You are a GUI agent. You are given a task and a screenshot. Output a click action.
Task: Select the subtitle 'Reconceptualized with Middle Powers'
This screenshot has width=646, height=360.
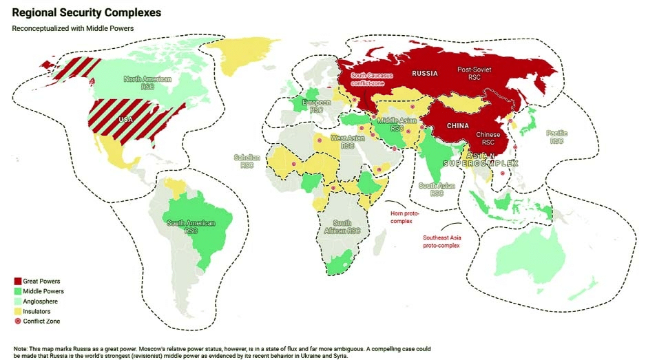pos(72,29)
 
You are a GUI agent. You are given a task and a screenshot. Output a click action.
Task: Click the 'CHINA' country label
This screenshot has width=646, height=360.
pos(457,126)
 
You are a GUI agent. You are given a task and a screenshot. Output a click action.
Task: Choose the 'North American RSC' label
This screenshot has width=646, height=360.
pos(147,83)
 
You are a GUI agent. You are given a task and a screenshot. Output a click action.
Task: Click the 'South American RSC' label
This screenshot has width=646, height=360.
pos(191,227)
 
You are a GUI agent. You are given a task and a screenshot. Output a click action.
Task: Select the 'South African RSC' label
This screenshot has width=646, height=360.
pos(342,226)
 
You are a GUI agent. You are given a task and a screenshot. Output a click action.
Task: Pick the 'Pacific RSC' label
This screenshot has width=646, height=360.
pos(556,136)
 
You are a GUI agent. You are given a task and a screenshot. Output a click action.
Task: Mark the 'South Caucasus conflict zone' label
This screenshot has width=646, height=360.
pos(373,79)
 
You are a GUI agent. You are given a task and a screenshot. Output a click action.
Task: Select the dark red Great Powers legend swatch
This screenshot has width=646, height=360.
pos(17,282)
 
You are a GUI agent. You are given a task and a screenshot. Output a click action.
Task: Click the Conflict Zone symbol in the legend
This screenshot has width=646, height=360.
pos(17,321)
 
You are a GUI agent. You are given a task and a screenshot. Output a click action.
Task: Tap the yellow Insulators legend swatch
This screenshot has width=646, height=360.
pos(17,311)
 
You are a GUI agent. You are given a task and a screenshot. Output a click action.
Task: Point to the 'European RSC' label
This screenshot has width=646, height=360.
pos(316,107)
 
